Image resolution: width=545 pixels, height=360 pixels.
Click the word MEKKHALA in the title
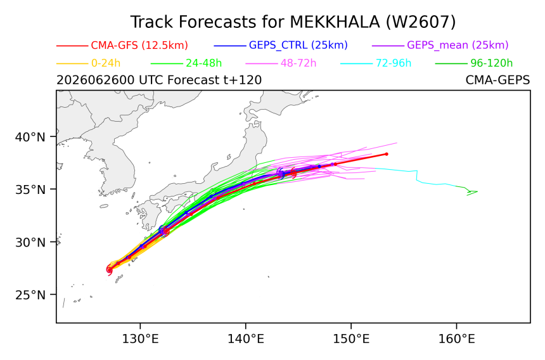point(335,22)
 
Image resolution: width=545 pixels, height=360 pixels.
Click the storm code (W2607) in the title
point(421,22)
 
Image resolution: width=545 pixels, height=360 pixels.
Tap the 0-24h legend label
point(106,63)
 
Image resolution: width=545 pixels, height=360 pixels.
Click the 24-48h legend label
point(203,63)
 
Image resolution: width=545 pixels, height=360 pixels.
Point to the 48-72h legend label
point(298,63)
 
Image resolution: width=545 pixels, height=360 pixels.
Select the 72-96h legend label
point(394,63)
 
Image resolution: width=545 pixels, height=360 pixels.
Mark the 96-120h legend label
point(492,63)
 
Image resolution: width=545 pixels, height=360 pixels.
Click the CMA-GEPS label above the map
point(497,80)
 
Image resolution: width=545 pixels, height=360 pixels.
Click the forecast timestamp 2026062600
point(96,80)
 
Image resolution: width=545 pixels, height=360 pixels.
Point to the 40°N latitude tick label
point(30,138)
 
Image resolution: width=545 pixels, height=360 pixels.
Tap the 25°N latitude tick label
point(30,295)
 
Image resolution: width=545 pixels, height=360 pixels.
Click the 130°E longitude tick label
point(140,338)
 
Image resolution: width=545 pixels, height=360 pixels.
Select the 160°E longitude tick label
point(456,338)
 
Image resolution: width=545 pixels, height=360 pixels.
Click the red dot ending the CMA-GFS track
point(387,154)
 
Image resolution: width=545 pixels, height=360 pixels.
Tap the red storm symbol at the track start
point(109,269)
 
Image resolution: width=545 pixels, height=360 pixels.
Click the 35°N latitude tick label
point(30,190)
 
